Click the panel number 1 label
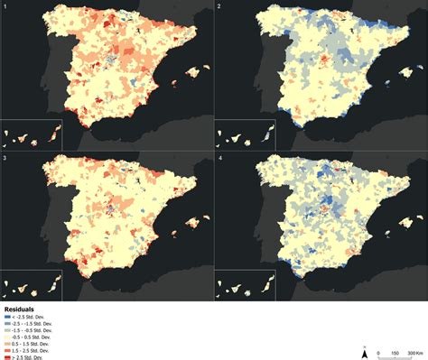tap(5, 6)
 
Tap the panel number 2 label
tap(219, 6)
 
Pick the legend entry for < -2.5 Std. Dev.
tap(27, 316)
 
